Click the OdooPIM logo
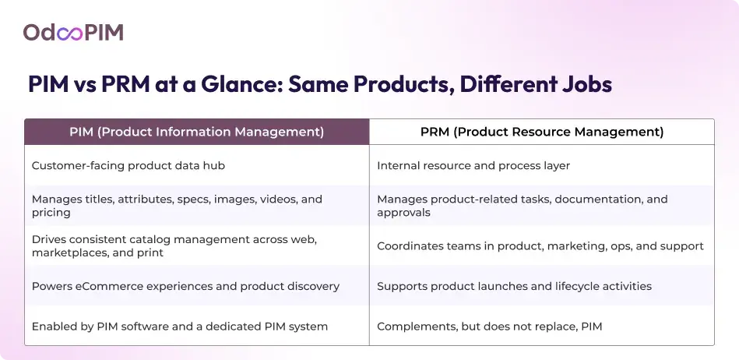coord(73,32)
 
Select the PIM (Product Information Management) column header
coord(196,132)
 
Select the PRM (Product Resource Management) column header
coord(541,132)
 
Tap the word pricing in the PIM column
coord(51,213)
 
